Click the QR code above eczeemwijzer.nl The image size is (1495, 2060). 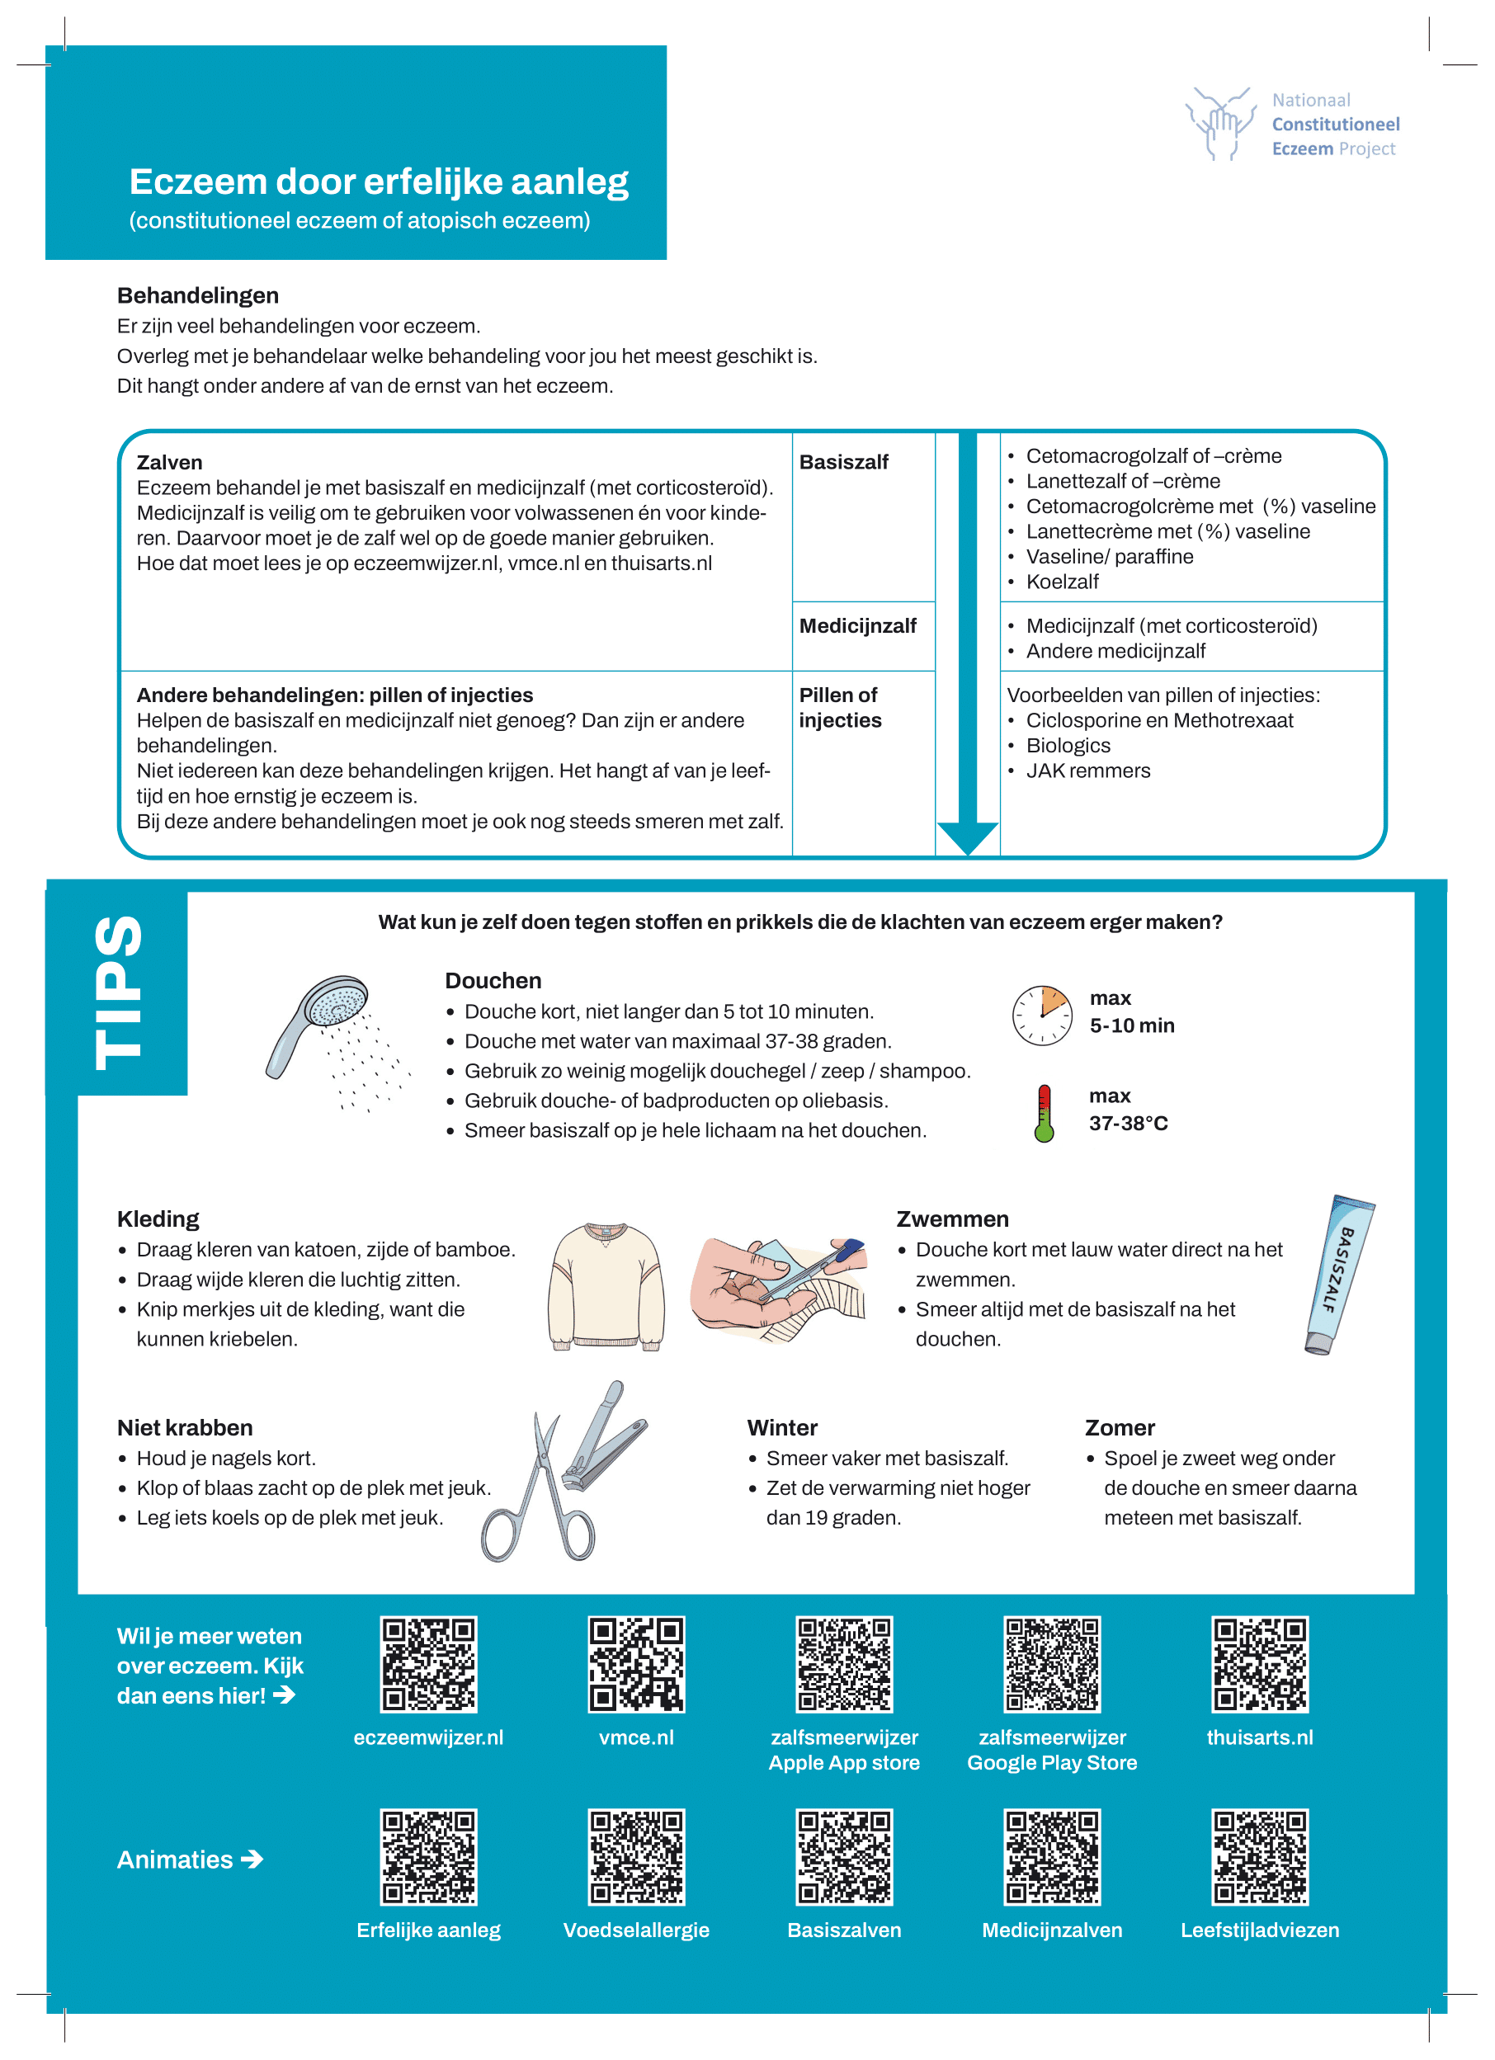tap(428, 1664)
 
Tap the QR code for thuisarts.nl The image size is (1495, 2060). tap(1259, 1664)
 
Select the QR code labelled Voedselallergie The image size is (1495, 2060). tap(636, 1856)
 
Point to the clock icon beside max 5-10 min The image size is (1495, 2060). tap(1042, 1015)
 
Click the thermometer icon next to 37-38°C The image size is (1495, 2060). tap(1044, 1113)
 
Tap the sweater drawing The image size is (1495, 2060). tap(606, 1287)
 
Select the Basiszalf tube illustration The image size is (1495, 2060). tap(1339, 1274)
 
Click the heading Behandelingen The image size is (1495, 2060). tap(198, 295)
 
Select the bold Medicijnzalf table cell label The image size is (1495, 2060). tap(857, 626)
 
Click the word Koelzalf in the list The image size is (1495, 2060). tap(1062, 582)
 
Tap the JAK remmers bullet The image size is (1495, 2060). tap(1087, 771)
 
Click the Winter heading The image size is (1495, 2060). tap(782, 1427)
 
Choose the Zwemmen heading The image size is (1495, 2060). tap(952, 1219)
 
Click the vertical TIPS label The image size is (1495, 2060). tap(118, 992)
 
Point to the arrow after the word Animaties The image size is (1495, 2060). tap(252, 1860)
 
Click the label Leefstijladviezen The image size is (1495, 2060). tap(1259, 1930)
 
